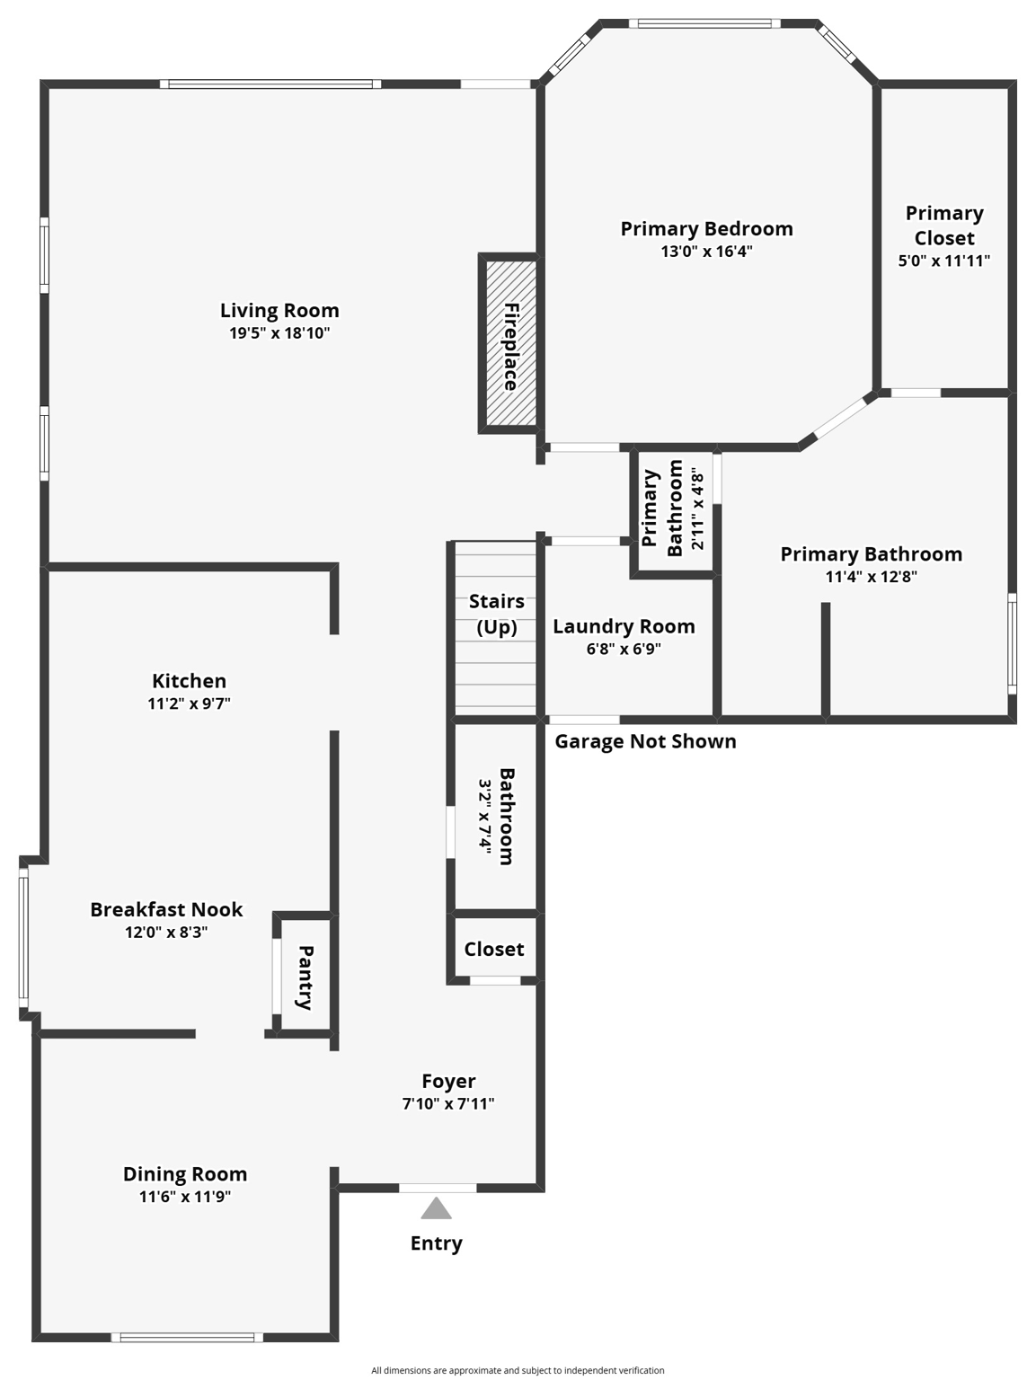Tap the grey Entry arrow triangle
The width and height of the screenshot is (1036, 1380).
[x=436, y=1208]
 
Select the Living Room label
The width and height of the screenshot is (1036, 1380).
[x=279, y=311]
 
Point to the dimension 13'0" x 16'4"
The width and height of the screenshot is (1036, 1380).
[x=706, y=252]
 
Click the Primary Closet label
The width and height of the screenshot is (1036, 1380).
[x=944, y=226]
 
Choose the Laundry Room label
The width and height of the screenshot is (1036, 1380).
[x=624, y=626]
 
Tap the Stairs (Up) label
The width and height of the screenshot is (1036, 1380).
[x=496, y=614]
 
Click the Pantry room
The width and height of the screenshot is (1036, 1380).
[x=305, y=977]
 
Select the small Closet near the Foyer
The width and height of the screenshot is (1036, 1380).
[x=494, y=949]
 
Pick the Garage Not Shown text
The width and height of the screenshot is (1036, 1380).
[x=645, y=741]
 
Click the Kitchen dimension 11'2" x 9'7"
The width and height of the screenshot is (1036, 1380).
[x=189, y=703]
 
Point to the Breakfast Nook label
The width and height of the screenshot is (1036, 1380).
[x=166, y=909]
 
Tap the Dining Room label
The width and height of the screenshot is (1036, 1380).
[x=185, y=1174]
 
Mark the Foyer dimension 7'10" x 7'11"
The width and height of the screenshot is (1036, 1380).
[x=448, y=1104]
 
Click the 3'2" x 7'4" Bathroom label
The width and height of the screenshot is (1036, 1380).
[x=496, y=816]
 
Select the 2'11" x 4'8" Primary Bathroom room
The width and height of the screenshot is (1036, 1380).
[x=674, y=509]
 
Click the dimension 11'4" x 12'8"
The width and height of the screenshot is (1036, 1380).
[x=871, y=577]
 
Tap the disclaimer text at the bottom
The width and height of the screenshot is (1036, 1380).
[x=518, y=1370]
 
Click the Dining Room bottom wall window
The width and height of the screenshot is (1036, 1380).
[x=187, y=1337]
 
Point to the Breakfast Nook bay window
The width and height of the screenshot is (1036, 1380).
[x=23, y=938]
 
